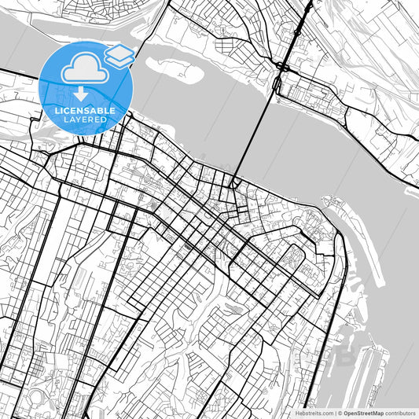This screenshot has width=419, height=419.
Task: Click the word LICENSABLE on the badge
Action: (85, 111)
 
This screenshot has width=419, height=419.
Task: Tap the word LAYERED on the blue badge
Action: (85, 119)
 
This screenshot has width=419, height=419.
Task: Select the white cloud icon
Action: (85, 70)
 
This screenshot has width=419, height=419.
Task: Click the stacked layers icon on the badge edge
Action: (119, 56)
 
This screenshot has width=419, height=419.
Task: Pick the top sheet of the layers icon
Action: (119, 51)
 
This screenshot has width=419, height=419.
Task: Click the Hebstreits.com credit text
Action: (312, 413)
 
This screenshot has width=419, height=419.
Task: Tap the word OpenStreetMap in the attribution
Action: (362, 413)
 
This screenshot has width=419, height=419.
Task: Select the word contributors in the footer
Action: (400, 413)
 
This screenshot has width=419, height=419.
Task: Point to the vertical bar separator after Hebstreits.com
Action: (334, 413)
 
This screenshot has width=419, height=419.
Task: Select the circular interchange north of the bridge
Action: (281, 66)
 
